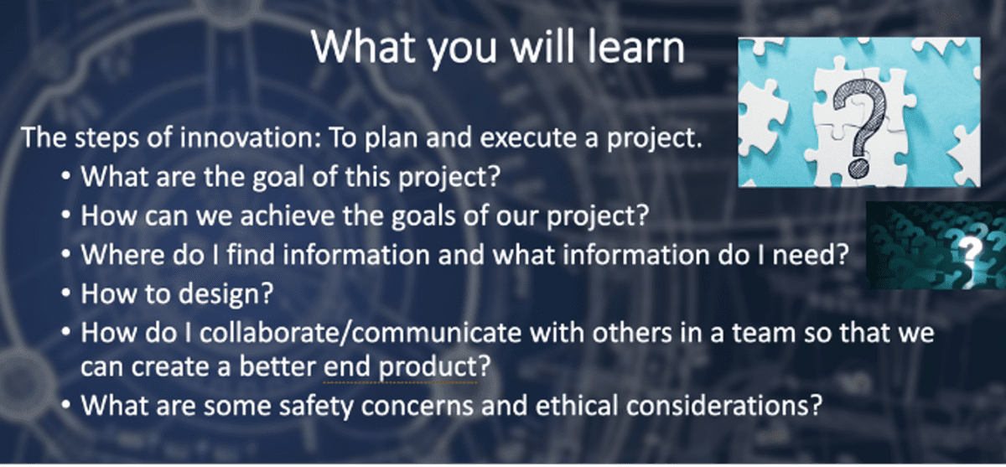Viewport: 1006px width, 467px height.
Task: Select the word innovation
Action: pyautogui.click(x=251, y=137)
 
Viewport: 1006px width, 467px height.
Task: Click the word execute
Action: pyautogui.click(x=528, y=137)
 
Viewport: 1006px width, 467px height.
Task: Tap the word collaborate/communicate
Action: pyautogui.click(x=360, y=333)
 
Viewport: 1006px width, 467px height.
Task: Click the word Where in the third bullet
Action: pyautogui.click(x=122, y=255)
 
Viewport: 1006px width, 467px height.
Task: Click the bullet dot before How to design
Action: pyautogui.click(x=65, y=294)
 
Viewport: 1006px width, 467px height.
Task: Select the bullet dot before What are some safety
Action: pyautogui.click(x=65, y=406)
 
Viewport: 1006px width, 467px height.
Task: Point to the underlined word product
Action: pyautogui.click(x=428, y=368)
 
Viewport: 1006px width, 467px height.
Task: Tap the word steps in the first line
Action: pyautogui.click(x=106, y=138)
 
